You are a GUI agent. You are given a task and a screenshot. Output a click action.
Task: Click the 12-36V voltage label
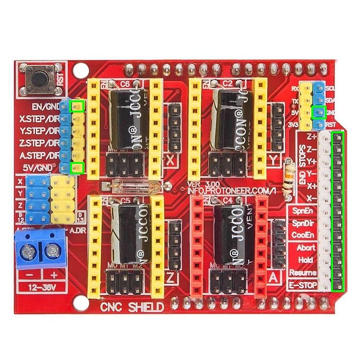pos(41,287)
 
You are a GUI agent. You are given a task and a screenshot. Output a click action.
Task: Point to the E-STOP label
pos(302,285)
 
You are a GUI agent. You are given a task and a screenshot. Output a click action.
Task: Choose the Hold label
pos(306,260)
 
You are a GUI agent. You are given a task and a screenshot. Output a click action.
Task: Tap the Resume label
pos(303,273)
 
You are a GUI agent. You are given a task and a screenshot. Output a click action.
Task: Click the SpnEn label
pos(303,211)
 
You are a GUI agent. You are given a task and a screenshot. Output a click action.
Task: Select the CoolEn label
pos(303,235)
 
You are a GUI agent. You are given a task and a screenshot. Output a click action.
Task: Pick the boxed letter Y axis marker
pos(275,159)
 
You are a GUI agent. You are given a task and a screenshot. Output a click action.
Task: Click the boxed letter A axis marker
pos(274,277)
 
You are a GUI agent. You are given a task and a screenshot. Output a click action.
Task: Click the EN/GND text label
pos(46,106)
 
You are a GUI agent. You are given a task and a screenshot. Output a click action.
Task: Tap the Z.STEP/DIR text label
pos(40,143)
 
